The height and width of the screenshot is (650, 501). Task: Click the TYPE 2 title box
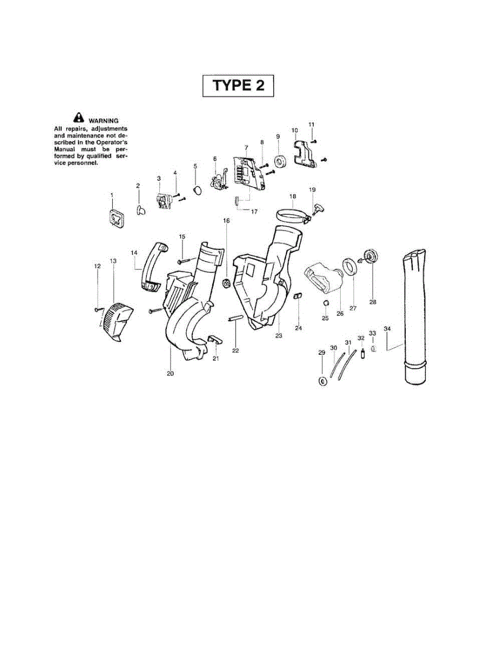(x=238, y=86)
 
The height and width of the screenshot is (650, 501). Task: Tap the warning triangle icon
(x=79, y=116)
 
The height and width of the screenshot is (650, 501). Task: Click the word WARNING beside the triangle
(x=103, y=120)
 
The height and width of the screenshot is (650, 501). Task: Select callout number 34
(x=387, y=329)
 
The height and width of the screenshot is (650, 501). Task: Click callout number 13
(x=113, y=261)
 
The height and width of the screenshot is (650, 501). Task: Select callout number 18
(x=292, y=196)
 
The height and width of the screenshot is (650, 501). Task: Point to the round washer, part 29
(x=323, y=381)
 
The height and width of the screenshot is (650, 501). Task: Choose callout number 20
(x=170, y=373)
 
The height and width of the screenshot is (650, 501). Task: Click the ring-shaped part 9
(x=280, y=161)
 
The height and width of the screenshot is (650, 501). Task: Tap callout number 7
(x=246, y=147)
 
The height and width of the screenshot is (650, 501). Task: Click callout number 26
(x=340, y=313)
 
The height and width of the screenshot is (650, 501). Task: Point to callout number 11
(x=311, y=125)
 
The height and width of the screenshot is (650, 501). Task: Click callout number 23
(x=279, y=336)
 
